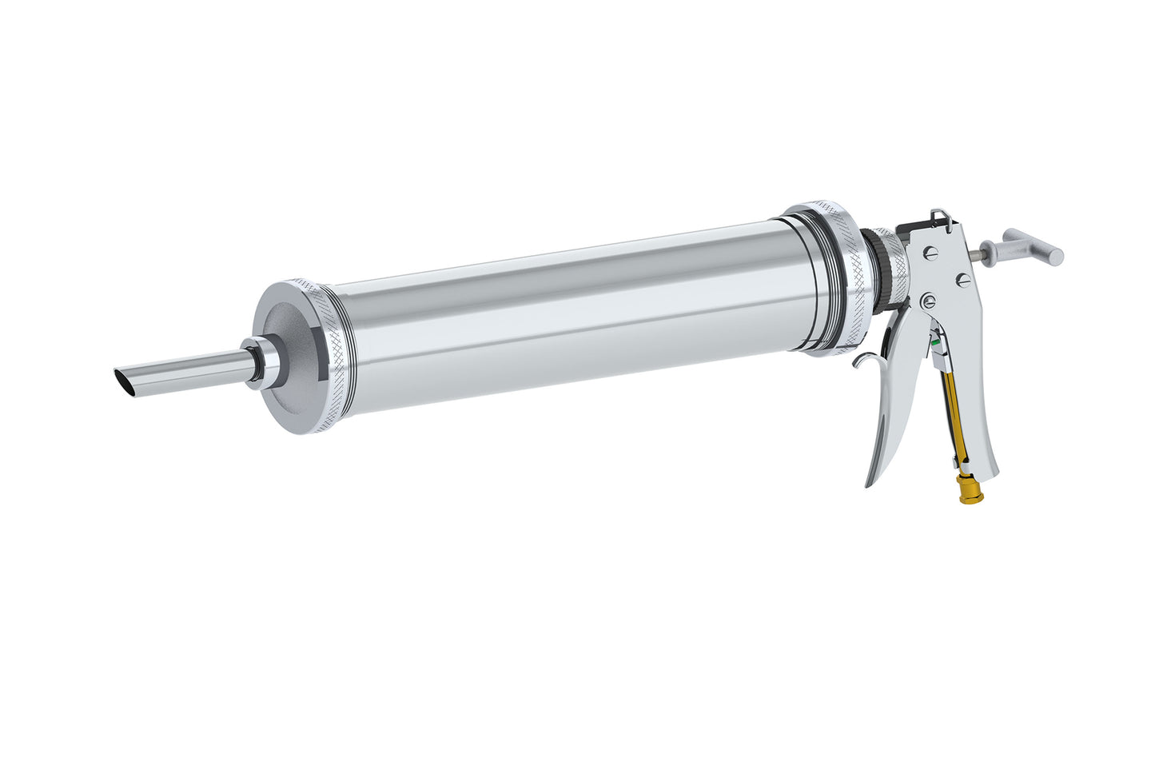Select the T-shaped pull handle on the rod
pyautogui.click(x=1033, y=246)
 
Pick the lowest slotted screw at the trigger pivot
pyautogui.click(x=926, y=301)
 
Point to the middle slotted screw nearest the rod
pyautogui.click(x=963, y=279)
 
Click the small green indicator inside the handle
pyautogui.click(x=935, y=341)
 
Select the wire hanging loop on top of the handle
pyautogui.click(x=941, y=217)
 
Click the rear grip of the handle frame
pyautogui.click(x=982, y=424)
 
